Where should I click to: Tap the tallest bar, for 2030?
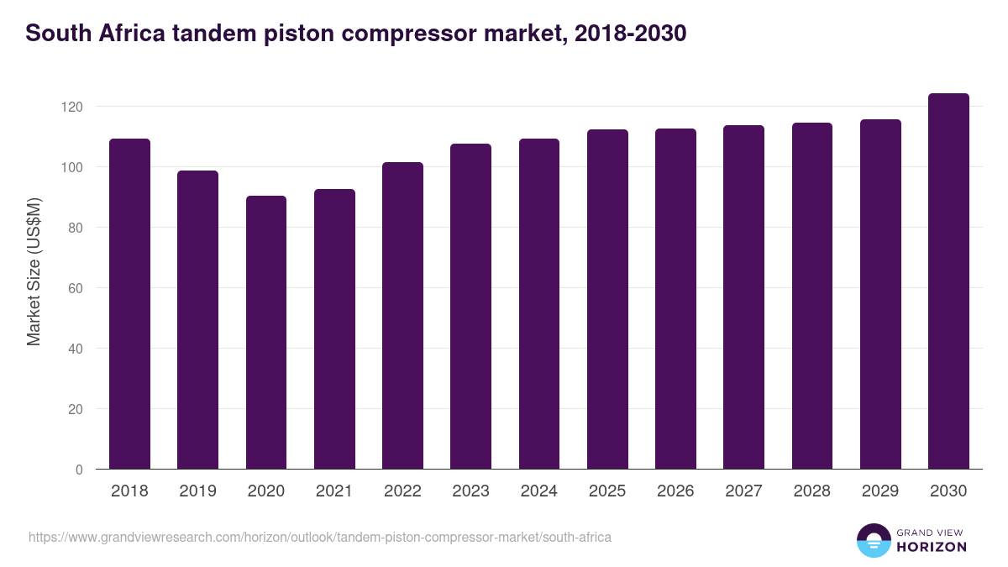click(x=948, y=281)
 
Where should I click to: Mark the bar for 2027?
click(x=743, y=297)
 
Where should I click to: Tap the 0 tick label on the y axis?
click(x=79, y=470)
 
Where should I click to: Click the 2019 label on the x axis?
click(x=197, y=491)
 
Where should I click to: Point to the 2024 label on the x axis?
click(x=538, y=491)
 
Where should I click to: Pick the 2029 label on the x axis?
click(x=880, y=491)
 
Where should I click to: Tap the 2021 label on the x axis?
click(x=334, y=491)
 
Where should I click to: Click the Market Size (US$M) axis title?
click(x=34, y=272)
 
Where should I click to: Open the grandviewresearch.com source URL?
click(x=319, y=537)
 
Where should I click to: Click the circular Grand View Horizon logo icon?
click(x=873, y=540)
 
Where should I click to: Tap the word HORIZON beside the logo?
click(x=932, y=547)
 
